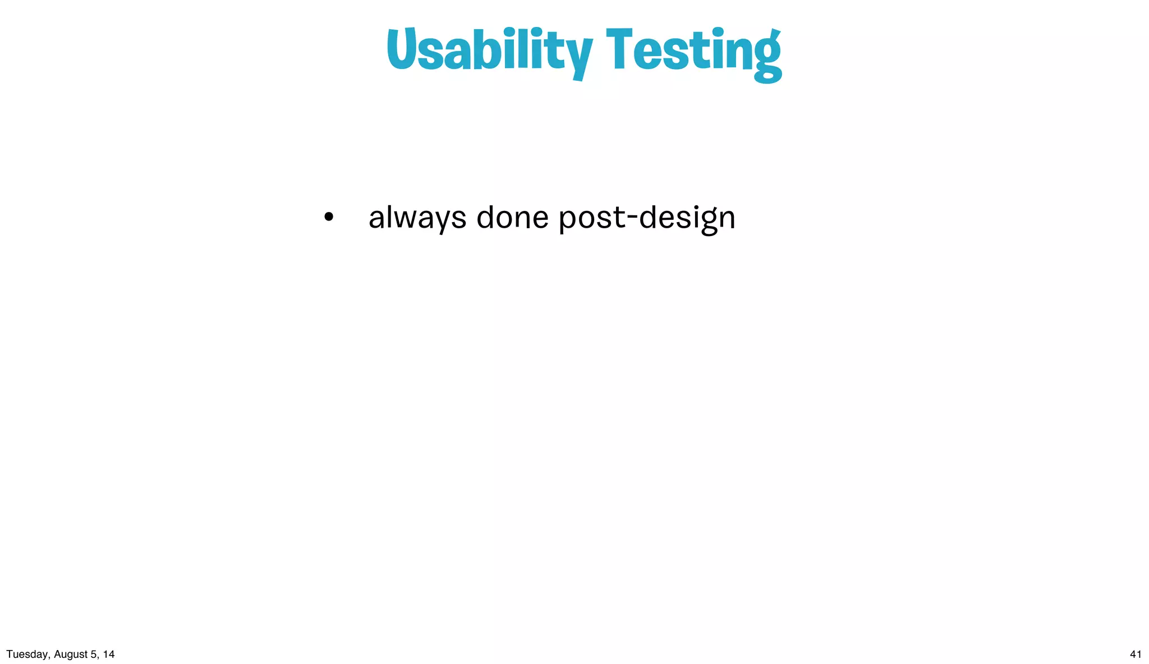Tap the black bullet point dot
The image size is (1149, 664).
(x=329, y=217)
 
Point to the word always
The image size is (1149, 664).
(x=417, y=218)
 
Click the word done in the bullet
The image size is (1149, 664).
(x=512, y=217)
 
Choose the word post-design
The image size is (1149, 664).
(x=647, y=218)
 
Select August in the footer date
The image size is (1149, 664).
(x=71, y=654)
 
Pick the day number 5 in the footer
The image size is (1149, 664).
(x=93, y=654)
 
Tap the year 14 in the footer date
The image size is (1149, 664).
(x=108, y=654)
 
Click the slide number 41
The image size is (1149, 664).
(x=1136, y=654)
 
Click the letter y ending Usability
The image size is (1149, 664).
(x=578, y=56)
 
